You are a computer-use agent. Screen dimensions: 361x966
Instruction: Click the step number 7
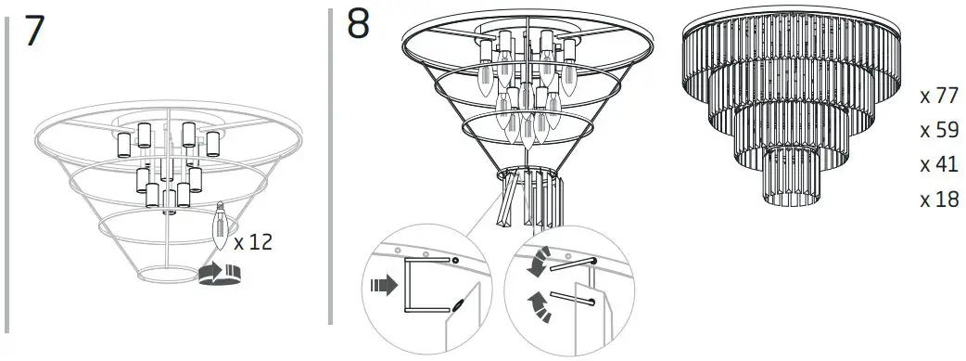pyautogui.click(x=35, y=32)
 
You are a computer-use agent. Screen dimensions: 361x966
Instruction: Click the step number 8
pyautogui.click(x=359, y=25)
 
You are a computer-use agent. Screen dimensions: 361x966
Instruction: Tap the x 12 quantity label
pyautogui.click(x=252, y=242)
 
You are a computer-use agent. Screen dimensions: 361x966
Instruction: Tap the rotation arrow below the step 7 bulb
pyautogui.click(x=220, y=272)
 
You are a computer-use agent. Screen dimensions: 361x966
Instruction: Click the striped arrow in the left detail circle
pyautogui.click(x=380, y=287)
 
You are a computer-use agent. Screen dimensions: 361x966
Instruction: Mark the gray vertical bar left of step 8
pyautogui.click(x=331, y=167)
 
